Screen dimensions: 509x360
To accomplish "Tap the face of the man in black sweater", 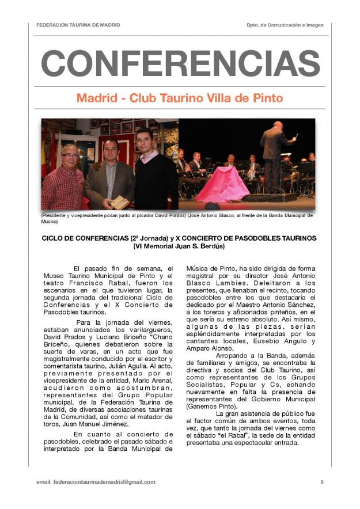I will tap(145, 140).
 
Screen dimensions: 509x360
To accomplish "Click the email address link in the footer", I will tap(104, 481).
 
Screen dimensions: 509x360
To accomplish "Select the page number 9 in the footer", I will tap(321, 481).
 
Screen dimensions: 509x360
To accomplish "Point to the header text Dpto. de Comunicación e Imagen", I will tap(285, 25).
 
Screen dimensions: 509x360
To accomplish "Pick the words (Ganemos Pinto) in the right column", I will tap(208, 406).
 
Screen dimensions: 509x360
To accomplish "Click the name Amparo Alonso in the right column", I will tap(208, 349).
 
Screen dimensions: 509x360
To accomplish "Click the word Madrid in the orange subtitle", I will tap(98, 98).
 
